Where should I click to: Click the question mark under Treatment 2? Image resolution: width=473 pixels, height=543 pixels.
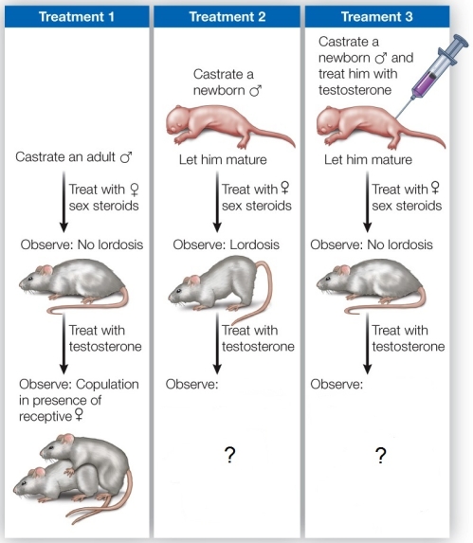229,455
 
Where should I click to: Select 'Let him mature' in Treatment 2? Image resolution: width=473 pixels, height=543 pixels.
224,159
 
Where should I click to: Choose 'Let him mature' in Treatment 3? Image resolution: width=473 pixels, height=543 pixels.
370,159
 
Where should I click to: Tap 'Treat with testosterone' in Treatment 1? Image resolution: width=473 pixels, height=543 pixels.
105,338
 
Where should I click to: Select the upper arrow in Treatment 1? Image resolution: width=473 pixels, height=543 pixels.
63,202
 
